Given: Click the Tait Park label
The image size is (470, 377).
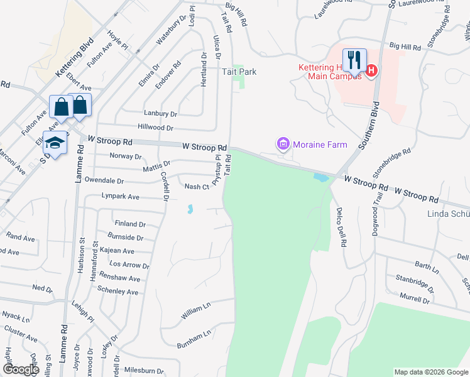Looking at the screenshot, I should tap(239, 72).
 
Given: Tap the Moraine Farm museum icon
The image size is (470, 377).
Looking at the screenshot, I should tap(283, 145).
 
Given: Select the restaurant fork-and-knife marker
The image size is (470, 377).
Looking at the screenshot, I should tap(354, 61).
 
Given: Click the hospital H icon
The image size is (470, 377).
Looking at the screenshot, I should tap(371, 70).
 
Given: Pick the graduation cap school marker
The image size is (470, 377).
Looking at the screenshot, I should tap(55, 143).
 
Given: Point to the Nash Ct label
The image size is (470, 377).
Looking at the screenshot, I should tap(196, 187).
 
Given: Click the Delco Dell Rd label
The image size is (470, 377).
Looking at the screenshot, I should tap(342, 226).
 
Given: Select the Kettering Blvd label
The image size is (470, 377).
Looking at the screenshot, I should tap(74, 57).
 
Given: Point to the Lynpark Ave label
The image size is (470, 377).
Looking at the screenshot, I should tap(121, 197).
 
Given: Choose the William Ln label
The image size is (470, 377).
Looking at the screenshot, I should tap(196, 308).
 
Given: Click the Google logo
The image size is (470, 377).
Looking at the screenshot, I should tap(21, 369).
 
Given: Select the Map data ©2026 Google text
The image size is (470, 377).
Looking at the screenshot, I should tap(430, 372).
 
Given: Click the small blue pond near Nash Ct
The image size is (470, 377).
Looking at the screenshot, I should tap(189, 209).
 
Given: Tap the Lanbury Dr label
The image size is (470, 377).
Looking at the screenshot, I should tap(160, 114).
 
